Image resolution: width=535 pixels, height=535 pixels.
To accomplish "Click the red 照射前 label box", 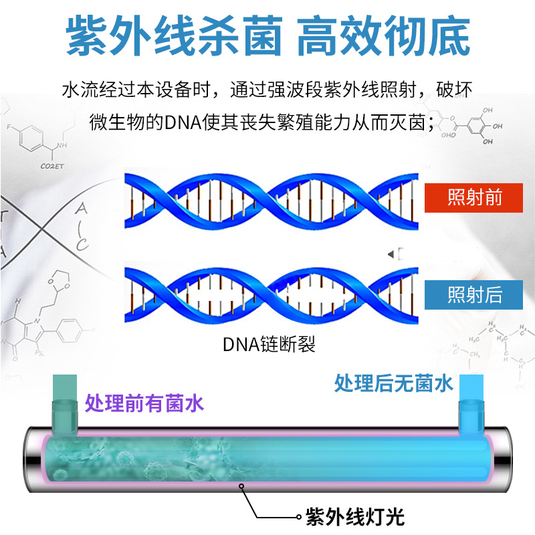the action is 473,198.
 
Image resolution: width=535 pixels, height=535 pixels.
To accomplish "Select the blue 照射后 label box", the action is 473,295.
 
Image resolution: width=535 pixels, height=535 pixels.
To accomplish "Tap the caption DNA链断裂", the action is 269,344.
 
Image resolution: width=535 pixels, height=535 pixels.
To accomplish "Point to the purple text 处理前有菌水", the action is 144,403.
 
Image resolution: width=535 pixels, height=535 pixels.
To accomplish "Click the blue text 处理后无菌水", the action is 393,383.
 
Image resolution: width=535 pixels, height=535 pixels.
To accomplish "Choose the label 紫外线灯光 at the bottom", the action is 355,517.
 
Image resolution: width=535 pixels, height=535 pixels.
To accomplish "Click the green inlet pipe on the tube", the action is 64,405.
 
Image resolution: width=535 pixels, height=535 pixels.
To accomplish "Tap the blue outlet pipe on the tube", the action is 471,405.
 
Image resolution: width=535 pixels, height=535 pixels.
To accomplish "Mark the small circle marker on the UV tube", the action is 241,486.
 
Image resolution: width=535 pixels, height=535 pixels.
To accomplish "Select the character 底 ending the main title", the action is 450,35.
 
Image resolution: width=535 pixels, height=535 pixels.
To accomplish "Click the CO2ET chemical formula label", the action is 52,166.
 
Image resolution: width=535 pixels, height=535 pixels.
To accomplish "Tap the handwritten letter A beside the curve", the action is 81,208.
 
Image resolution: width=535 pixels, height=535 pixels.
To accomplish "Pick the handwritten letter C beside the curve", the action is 82,244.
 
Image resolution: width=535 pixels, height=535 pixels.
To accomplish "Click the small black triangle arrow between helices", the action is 391,254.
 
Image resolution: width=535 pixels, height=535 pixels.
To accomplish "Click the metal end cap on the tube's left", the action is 33,459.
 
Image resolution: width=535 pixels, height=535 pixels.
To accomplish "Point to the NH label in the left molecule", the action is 62,145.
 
